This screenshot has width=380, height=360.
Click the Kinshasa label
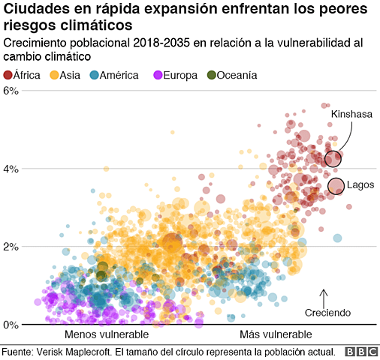(x=351, y=114)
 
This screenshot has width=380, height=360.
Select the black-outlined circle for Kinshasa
(x=333, y=158)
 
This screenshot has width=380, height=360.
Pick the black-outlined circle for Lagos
(x=336, y=186)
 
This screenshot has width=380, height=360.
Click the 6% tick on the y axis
(x=11, y=91)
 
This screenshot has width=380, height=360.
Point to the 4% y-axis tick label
(x=11, y=169)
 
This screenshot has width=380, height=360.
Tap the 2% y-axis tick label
(x=11, y=247)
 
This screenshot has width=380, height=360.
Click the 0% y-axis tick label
(x=11, y=325)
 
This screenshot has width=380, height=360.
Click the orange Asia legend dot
(x=54, y=74)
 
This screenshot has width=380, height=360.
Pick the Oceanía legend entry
(x=237, y=74)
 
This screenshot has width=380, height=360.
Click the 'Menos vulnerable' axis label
(x=106, y=334)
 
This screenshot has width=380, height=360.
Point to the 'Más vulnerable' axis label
(x=275, y=334)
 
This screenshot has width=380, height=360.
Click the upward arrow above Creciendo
(x=324, y=297)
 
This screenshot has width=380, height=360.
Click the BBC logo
(x=360, y=352)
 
